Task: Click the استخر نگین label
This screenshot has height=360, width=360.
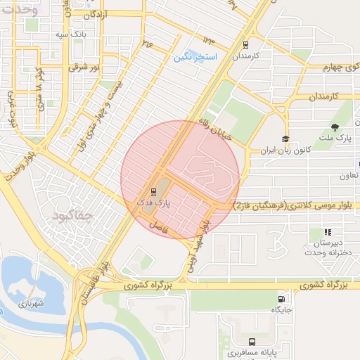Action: pos(197,56)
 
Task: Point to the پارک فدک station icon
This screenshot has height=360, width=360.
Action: pos(153,191)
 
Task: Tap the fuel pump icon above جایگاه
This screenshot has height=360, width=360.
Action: pos(282,298)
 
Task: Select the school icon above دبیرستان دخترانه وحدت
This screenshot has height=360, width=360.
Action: pos(327,232)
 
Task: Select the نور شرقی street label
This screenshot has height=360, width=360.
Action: pos(84,67)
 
